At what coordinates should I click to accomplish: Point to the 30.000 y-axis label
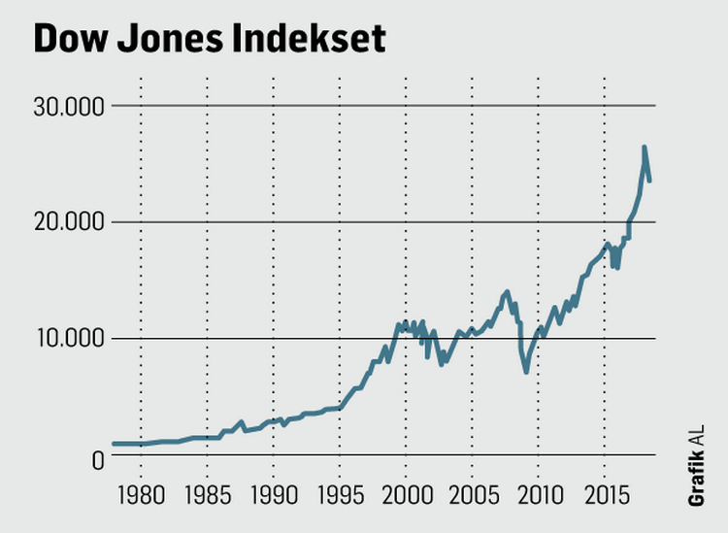[69, 106]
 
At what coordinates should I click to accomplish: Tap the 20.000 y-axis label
[69, 222]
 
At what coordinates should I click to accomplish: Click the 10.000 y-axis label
[69, 339]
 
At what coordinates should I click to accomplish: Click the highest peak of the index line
[644, 148]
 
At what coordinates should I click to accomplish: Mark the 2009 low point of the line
[526, 371]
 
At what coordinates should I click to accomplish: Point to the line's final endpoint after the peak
[649, 181]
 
